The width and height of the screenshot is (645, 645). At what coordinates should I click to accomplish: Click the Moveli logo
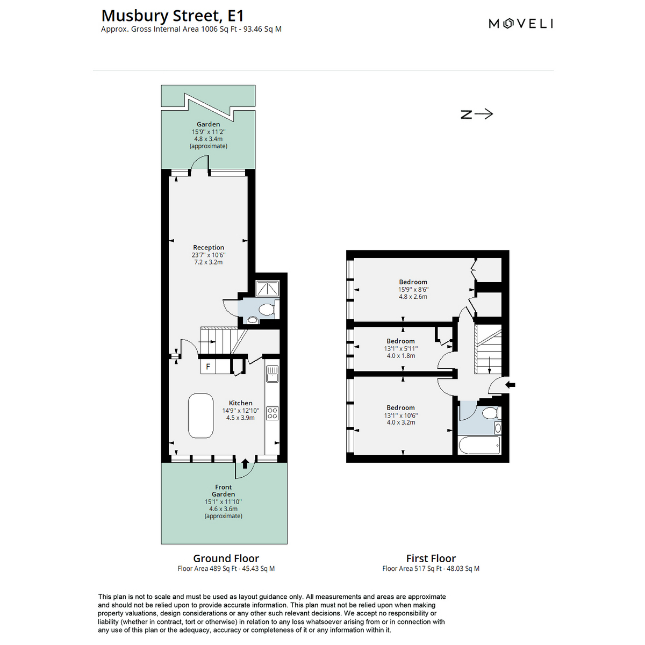[x=520, y=24]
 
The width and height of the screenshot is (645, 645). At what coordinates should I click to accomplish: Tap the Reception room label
[x=209, y=247]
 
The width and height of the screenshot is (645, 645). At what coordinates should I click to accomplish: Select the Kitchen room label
[x=240, y=403]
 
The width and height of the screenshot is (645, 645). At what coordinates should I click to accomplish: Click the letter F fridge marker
[x=208, y=366]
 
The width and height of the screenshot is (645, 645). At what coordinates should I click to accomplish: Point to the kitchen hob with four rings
[x=272, y=413]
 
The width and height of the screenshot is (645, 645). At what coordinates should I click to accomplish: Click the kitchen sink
[x=272, y=374]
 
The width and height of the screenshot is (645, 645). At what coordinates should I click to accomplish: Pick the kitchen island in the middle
[x=201, y=415]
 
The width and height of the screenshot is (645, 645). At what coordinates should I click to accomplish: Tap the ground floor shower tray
[x=267, y=289]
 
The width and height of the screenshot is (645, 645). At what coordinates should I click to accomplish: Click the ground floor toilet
[x=268, y=309]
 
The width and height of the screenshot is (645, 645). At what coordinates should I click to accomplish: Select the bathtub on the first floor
[x=479, y=446]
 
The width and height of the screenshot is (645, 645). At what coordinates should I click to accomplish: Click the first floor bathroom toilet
[x=491, y=413]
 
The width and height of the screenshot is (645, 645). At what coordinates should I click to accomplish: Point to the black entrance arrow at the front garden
[x=245, y=463]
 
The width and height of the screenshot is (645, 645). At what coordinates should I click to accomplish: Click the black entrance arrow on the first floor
[x=510, y=385]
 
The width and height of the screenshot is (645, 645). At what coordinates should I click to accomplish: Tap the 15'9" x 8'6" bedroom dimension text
[x=413, y=290]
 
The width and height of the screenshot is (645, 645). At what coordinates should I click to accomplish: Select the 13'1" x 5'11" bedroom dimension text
[x=400, y=348]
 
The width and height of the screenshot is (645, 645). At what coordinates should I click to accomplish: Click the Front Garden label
[x=223, y=491]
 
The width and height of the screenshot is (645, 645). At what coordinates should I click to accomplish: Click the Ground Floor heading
[x=226, y=558]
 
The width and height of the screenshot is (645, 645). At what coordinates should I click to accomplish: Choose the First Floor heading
[x=431, y=558]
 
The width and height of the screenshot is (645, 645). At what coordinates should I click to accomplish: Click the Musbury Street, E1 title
[x=173, y=16]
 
